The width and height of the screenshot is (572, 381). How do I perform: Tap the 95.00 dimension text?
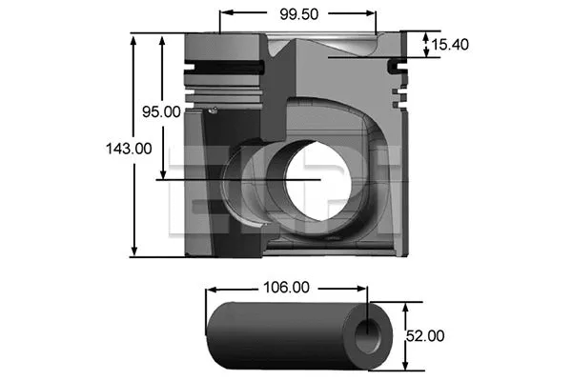(161, 111)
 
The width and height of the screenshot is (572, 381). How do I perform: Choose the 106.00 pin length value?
(287, 287)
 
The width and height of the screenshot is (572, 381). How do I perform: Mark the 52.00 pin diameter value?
(424, 335)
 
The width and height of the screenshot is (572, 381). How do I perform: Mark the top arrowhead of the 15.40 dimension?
(424, 36)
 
